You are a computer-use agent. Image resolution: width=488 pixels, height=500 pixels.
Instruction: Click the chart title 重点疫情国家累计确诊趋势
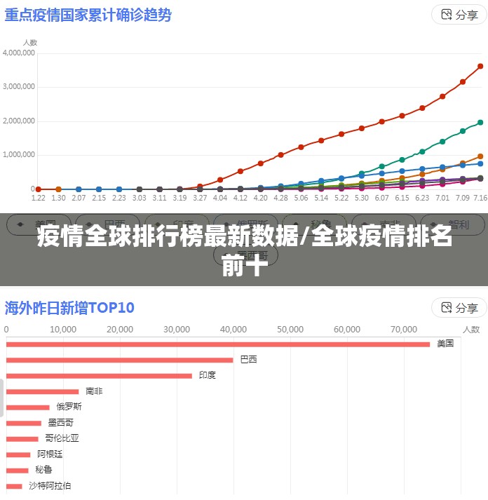point(88,15)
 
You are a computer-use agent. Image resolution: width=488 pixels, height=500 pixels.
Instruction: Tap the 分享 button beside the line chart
point(459,15)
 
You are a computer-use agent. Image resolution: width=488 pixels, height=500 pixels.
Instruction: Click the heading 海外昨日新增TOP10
point(69,307)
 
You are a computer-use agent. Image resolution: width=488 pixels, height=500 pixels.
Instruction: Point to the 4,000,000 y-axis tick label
point(19,53)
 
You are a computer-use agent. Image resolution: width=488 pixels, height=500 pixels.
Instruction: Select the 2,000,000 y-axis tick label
point(19,121)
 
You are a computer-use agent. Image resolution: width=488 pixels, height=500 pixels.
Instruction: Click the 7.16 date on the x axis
point(480,198)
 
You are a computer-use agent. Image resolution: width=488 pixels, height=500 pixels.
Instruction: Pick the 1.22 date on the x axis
point(39,198)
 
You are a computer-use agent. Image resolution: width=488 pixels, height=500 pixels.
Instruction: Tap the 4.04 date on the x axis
point(220,198)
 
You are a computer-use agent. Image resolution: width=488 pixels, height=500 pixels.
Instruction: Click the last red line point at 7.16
point(480,67)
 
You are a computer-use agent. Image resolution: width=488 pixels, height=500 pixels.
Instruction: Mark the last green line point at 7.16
point(480,122)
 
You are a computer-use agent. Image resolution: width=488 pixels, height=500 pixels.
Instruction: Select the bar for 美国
point(218,344)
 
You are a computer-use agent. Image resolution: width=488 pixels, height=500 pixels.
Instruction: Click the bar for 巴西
point(120,360)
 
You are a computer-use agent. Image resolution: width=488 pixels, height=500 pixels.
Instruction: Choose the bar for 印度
point(99,376)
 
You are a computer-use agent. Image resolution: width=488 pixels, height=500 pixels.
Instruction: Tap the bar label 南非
point(94,391)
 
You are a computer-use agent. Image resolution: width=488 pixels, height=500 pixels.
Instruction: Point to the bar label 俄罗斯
point(69,407)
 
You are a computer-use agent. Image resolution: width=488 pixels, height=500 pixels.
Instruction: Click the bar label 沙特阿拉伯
point(49,485)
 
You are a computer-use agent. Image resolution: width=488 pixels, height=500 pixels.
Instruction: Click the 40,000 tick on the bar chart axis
point(233,329)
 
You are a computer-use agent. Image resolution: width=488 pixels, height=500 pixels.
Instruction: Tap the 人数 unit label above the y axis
point(29,41)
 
